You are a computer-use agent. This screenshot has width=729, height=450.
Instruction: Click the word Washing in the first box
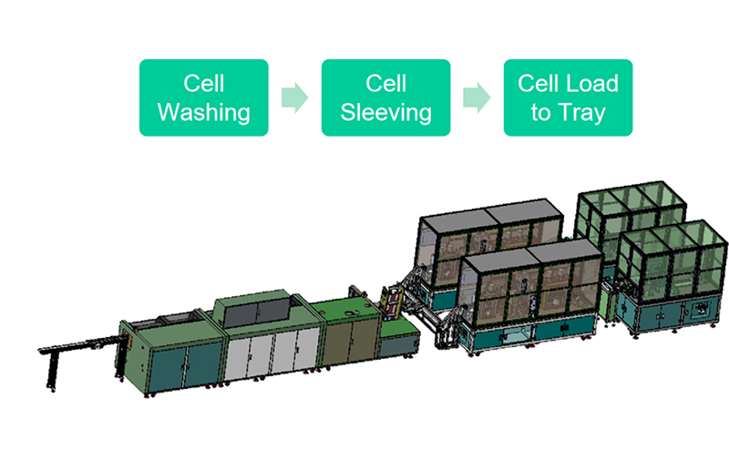[203, 113]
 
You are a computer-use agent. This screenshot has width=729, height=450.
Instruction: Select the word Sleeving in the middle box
[385, 113]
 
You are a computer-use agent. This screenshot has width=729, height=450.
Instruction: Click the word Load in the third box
[592, 84]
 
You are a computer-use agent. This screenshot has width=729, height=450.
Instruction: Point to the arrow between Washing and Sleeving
[293, 97]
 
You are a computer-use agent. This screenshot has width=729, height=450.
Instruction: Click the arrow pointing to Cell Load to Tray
[476, 97]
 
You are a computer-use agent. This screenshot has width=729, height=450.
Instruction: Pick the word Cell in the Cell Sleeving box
[385, 84]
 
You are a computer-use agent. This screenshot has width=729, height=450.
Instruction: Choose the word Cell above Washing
[203, 84]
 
